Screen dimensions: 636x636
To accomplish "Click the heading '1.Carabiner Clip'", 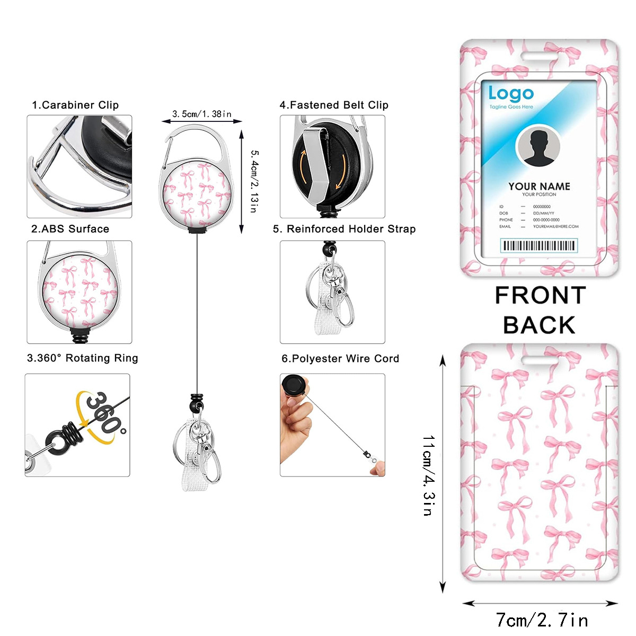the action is click(75, 105).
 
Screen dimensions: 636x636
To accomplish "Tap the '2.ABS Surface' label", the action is click(70, 229).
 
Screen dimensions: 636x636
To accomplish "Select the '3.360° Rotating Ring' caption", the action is click(83, 358).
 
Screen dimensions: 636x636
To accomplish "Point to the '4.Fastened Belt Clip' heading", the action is click(334, 105).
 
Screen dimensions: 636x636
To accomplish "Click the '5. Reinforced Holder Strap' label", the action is click(344, 229).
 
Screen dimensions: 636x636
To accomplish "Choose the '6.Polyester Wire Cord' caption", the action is click(340, 359).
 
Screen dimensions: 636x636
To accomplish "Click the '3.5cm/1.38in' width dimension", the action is click(201, 114).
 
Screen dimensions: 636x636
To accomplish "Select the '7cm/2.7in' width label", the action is click(542, 620).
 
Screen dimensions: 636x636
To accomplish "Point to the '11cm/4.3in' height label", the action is click(428, 475).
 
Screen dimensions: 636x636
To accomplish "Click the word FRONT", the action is click(540, 296).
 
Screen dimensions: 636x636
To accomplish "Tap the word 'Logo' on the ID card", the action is click(510, 94).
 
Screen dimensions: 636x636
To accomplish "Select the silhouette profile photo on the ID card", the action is click(538, 146).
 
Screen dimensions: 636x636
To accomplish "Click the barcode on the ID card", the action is click(539, 245).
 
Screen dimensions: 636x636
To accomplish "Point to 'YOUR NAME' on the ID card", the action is click(539, 186).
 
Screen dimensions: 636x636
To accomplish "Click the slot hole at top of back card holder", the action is click(539, 360).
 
